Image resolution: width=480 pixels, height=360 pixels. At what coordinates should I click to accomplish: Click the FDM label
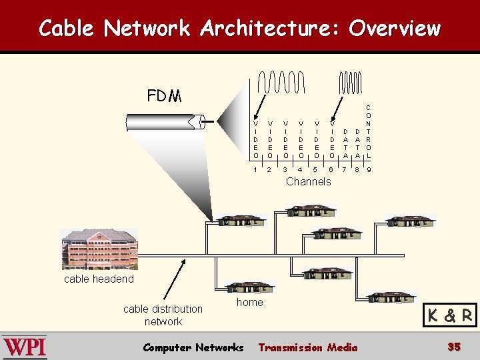(x=164, y=96)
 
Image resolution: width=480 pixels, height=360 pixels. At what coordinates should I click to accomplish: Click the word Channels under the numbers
(x=308, y=181)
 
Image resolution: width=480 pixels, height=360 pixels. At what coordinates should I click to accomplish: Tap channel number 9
(x=369, y=170)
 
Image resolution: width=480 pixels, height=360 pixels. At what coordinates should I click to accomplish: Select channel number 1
(x=255, y=170)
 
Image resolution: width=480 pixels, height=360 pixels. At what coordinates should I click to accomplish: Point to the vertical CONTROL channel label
(x=369, y=131)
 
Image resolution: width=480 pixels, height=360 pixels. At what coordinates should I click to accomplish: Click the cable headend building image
(x=99, y=249)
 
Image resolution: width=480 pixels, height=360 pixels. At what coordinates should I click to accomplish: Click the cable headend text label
(x=99, y=279)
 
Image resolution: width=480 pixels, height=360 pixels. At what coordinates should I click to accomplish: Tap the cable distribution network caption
(x=163, y=315)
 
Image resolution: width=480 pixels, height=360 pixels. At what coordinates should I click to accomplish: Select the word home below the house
(x=249, y=302)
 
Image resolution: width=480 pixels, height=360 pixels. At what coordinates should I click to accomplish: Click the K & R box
(x=450, y=315)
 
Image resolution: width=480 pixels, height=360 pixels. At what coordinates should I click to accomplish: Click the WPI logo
(x=25, y=347)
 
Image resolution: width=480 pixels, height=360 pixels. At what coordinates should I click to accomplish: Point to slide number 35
(x=454, y=347)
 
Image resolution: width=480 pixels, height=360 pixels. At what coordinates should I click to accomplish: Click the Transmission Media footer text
(x=307, y=347)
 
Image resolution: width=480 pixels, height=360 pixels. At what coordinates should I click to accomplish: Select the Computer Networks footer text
(x=193, y=347)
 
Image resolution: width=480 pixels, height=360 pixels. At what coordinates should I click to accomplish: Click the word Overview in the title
(x=394, y=28)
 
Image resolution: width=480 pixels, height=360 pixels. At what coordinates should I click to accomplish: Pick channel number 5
(x=315, y=170)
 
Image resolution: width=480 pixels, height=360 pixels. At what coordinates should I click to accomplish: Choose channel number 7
(x=344, y=170)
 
